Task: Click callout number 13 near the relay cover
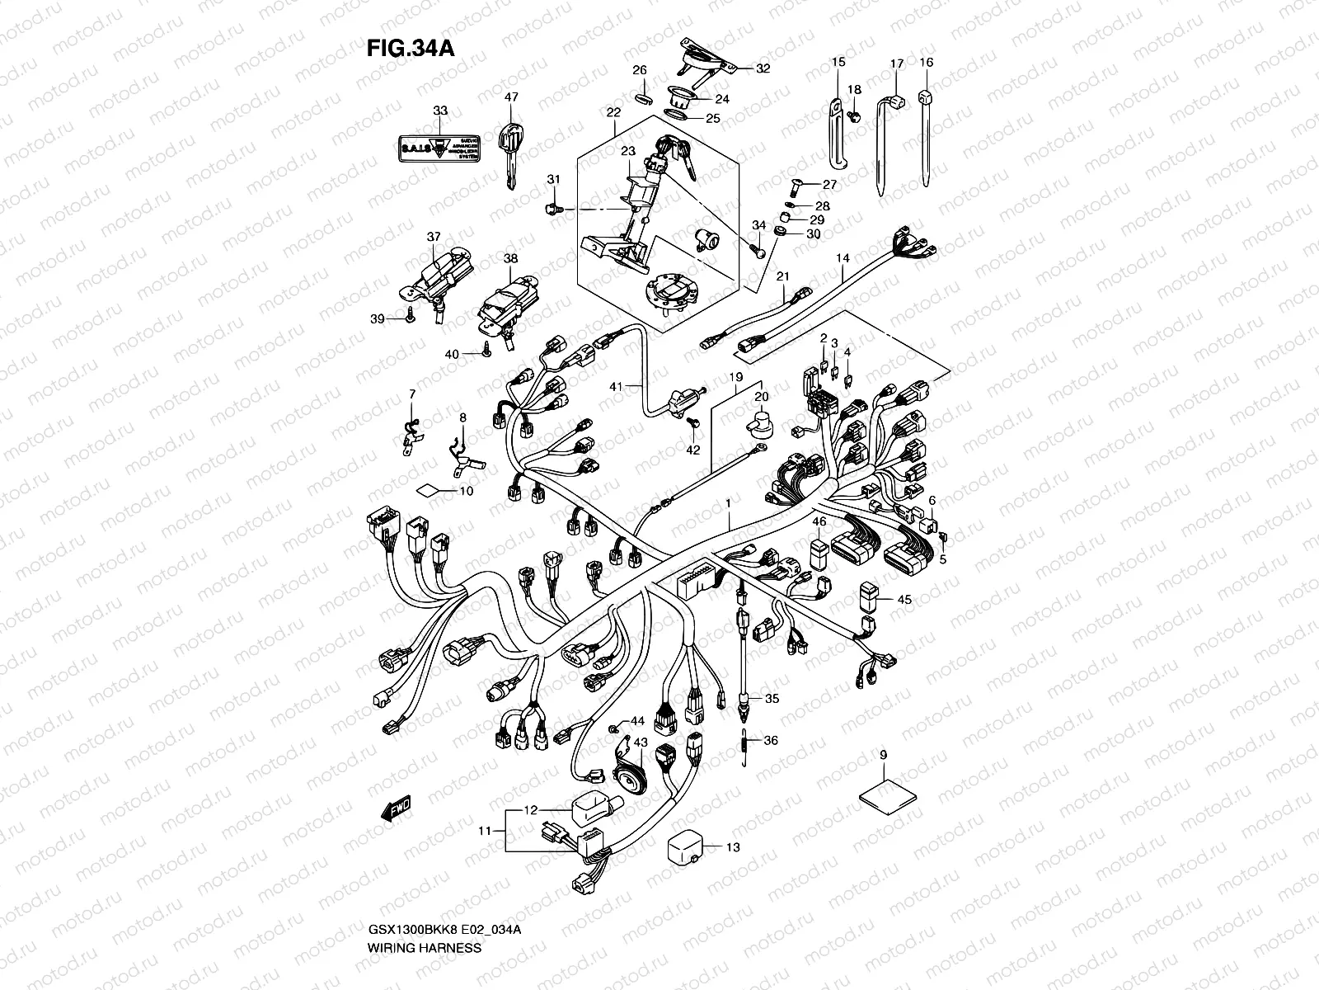coord(732,847)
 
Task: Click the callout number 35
coord(771,699)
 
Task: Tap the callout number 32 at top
coord(762,68)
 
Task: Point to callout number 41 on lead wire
coord(616,385)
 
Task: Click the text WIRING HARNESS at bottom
coord(424,971)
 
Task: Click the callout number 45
coord(904,600)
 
